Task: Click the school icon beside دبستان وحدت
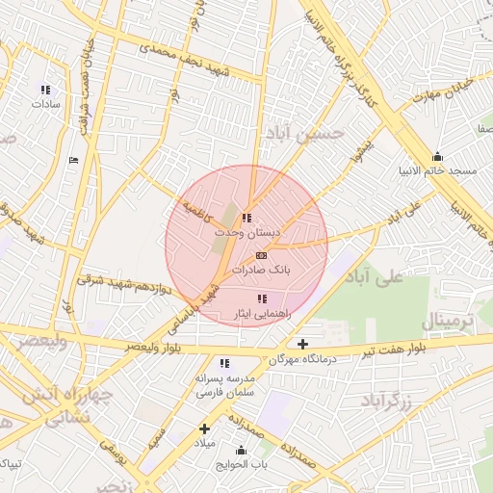(x=247, y=219)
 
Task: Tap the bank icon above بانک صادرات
(x=262, y=255)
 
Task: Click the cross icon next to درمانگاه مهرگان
(x=303, y=344)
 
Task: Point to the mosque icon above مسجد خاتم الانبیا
(x=438, y=157)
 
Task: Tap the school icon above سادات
(x=45, y=90)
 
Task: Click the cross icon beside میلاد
(x=204, y=428)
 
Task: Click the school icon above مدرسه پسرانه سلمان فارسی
(x=224, y=363)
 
